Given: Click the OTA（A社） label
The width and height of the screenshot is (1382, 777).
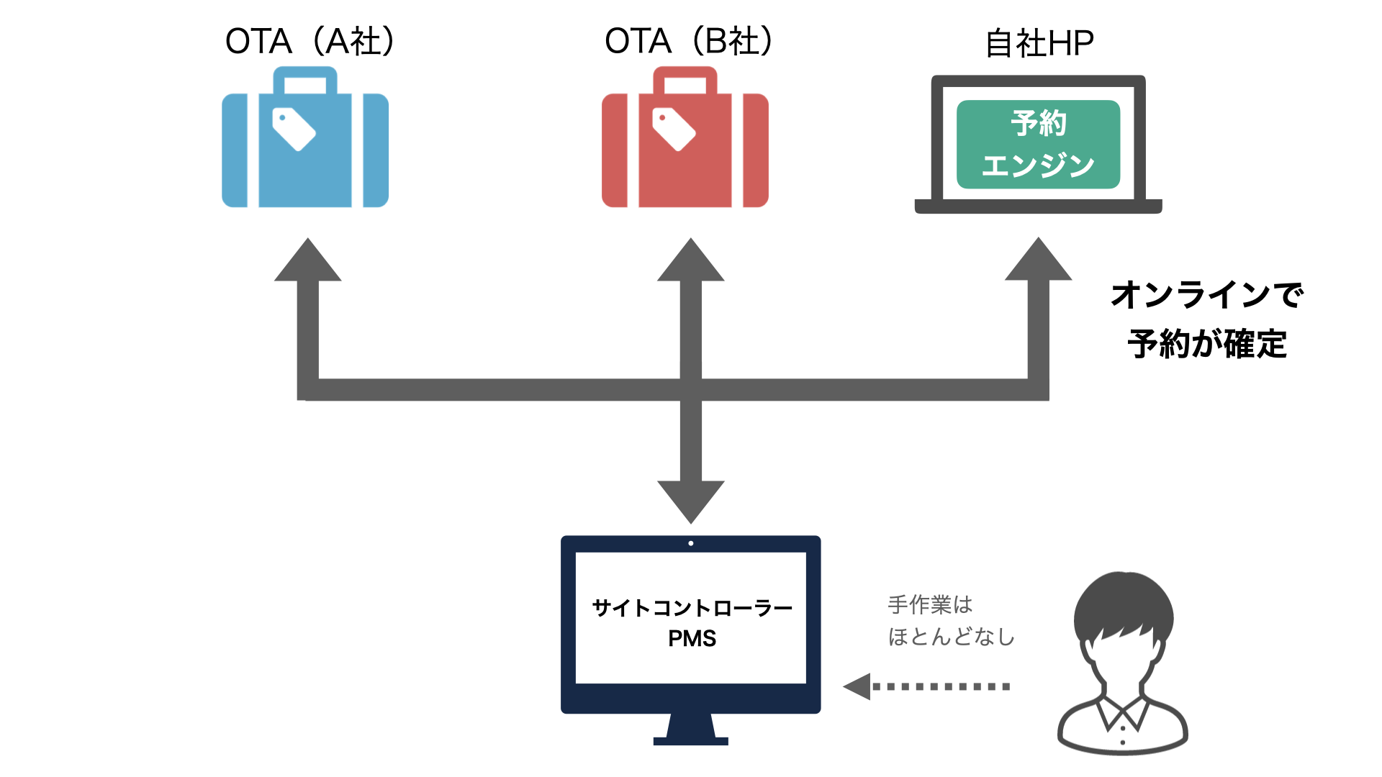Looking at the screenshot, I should coord(310,41).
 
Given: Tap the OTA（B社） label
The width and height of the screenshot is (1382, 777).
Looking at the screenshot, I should coord(689,41).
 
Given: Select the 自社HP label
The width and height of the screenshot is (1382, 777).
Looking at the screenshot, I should coord(1039,43).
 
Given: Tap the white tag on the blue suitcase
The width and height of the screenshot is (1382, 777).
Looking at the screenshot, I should coord(294,129).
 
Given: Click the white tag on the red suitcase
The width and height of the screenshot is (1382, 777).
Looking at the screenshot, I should coord(674,129).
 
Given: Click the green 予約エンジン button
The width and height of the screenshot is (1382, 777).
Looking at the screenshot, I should coord(1038,144).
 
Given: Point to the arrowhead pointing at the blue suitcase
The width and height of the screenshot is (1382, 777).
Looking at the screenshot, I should coord(307,260).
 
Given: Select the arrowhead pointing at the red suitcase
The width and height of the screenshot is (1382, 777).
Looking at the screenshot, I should coord(690,260).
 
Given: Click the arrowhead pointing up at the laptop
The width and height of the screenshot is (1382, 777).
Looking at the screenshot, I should coord(1038,260).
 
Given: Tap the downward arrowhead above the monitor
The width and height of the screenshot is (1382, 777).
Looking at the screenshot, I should coord(690,500).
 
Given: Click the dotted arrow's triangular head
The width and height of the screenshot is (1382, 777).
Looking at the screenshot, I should coord(858,686).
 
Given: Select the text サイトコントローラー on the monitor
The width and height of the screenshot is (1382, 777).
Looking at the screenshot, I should coord(692,609).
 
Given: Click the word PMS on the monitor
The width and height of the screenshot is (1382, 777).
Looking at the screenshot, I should coord(692,639).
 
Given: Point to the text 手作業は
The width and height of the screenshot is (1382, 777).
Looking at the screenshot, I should coord(930,604).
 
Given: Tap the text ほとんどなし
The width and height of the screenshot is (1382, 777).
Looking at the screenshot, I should coord(951,637).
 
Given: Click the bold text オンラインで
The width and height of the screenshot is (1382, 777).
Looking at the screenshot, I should coord(1207,295).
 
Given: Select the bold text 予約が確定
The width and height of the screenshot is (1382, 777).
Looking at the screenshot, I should coord(1207,344).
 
